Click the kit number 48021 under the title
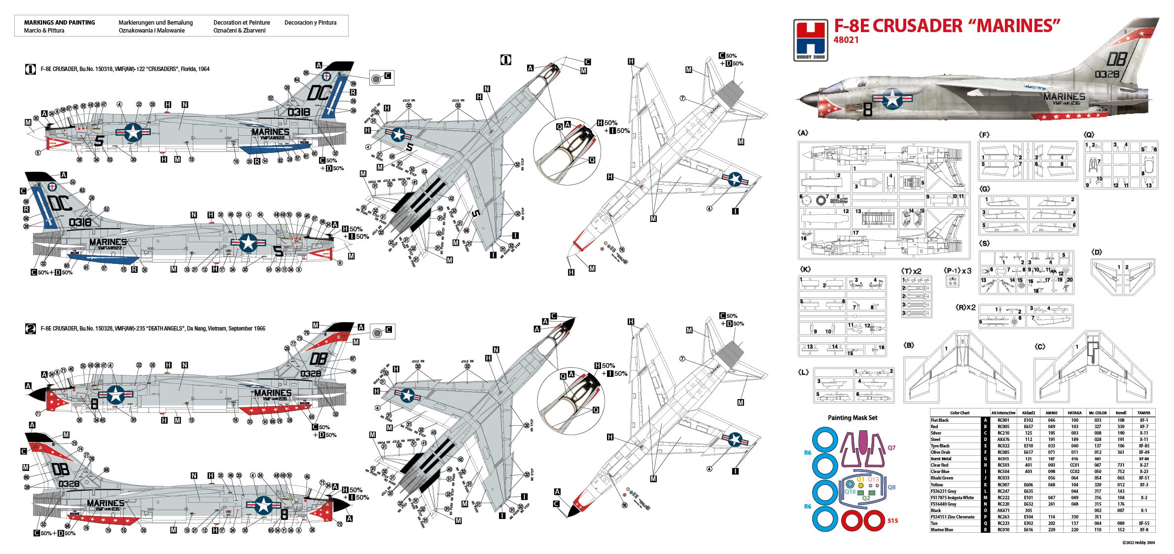click(846, 40)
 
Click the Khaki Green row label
click(941, 478)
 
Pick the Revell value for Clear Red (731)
click(1121, 465)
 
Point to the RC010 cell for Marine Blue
click(1003, 530)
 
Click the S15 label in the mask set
click(892, 520)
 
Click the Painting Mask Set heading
click(853, 418)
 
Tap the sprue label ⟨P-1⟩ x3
click(957, 271)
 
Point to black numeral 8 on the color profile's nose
click(868, 110)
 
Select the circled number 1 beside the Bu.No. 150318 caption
click(30, 69)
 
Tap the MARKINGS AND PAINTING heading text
click(59, 23)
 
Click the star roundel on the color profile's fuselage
click(892, 99)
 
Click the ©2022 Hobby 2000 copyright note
click(1138, 543)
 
